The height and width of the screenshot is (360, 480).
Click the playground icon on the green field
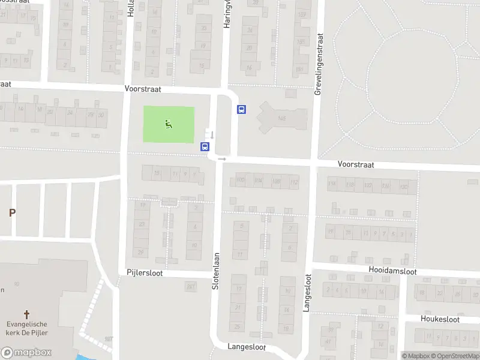(169, 124)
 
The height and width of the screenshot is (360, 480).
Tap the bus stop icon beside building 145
(242, 109)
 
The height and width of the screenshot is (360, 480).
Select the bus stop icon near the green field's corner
(205, 146)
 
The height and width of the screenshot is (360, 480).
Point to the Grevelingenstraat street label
(319, 63)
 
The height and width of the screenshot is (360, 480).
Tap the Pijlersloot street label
(144, 272)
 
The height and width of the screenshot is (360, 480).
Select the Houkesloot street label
(440, 319)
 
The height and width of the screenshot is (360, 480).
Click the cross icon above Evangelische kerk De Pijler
(26, 314)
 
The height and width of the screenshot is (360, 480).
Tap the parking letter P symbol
(11, 212)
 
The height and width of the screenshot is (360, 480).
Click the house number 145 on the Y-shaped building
(281, 119)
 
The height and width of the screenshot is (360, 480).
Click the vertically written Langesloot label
(307, 292)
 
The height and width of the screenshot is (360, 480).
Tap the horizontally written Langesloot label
(246, 347)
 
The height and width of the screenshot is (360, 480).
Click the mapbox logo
(26, 353)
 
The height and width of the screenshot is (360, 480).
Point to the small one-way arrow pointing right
(221, 159)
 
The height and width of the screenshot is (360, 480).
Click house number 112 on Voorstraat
(293, 182)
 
